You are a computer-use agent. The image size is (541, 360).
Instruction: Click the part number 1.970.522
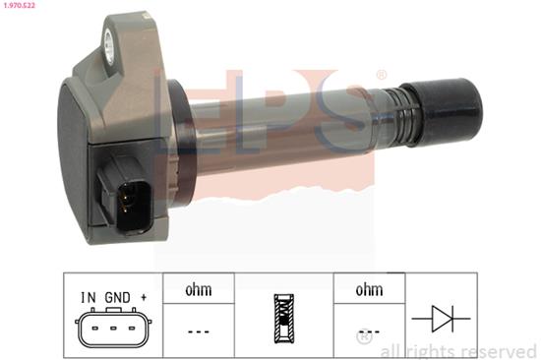click(x=20, y=6)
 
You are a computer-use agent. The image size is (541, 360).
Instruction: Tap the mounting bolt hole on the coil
click(x=110, y=47)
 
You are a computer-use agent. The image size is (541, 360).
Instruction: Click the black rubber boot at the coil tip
click(x=448, y=111)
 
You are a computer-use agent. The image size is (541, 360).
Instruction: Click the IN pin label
click(x=89, y=297)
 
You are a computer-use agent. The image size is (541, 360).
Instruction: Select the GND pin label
click(x=117, y=297)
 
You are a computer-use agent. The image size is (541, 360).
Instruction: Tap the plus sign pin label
click(x=144, y=297)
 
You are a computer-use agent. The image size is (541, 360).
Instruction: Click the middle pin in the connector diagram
click(x=113, y=328)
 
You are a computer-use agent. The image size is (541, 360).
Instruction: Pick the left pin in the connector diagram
click(x=94, y=328)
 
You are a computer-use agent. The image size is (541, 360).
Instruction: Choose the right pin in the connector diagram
click(x=132, y=328)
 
